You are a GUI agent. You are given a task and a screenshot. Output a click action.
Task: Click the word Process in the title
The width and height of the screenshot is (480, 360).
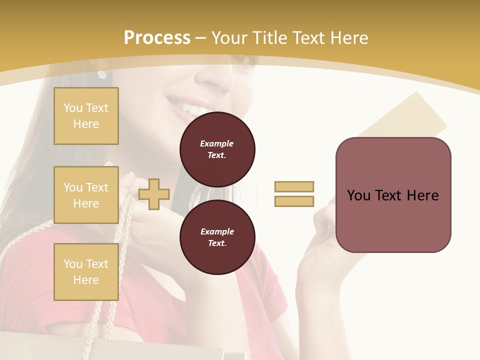pos(157,38)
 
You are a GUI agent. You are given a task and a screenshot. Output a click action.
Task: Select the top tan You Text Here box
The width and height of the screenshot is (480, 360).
pos(86,116)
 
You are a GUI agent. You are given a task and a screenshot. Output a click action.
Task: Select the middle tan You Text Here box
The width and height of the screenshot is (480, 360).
pos(86,195)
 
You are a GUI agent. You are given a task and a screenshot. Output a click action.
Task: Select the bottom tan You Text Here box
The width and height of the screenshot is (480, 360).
pos(86,271)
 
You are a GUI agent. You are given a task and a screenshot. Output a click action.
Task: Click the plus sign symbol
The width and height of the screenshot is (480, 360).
pos(154,194)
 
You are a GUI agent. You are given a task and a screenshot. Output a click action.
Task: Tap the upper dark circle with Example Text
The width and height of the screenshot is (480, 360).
pos(217,149)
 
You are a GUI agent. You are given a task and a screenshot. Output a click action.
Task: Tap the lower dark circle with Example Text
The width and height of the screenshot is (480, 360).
pos(217,237)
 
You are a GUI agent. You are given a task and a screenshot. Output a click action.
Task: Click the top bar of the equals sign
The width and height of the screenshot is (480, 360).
pos(294,186)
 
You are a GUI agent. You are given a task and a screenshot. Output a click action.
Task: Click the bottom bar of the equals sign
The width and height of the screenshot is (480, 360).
pos(294,201)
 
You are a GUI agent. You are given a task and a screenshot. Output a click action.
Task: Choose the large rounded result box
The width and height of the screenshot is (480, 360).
pos(393,195)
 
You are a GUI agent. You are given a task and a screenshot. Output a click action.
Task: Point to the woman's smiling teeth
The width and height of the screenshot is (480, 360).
pos(187,106)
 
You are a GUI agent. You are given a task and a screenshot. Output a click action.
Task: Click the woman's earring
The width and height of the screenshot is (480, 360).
pos(102,74)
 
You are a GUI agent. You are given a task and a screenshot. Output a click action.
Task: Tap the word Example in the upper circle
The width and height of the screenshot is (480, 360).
pos(217,143)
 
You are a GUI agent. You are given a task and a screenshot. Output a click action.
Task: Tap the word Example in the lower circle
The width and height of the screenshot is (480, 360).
pos(217,231)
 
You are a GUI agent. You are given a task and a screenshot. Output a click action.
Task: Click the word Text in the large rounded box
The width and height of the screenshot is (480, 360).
pos(389,195)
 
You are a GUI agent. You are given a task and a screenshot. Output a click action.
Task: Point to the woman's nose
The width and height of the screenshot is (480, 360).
pos(212,75)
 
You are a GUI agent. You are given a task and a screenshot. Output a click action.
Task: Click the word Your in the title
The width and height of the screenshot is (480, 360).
pos(229,38)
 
